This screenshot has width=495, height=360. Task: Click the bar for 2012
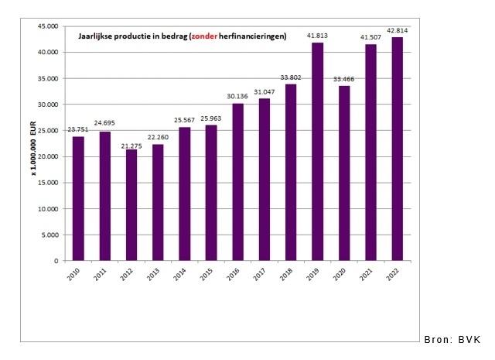tap(131, 205)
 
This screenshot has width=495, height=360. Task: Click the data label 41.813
tap(317, 36)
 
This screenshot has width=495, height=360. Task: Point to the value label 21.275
tap(131, 143)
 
